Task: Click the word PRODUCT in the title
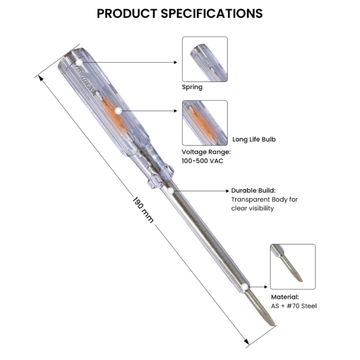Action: tap(132, 13)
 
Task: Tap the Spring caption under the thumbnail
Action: tap(192, 88)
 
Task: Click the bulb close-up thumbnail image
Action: tap(204, 123)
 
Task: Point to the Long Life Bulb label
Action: tap(253, 140)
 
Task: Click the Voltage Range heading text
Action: tap(205, 152)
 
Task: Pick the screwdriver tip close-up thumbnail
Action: tap(292, 266)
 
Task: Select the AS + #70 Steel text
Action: tap(294, 306)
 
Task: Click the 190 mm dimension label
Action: tap(143, 211)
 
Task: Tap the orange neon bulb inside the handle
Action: tap(114, 112)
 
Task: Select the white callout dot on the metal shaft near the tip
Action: tap(246, 287)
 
